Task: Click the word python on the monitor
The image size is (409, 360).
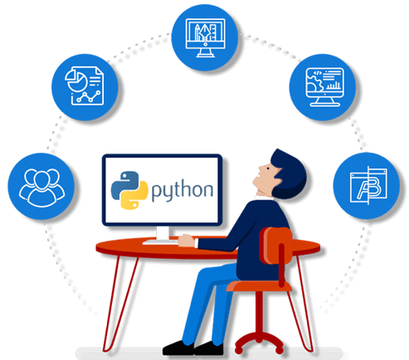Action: (183, 191)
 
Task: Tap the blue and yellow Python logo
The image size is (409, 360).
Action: (129, 190)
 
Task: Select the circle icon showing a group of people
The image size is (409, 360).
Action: (41, 187)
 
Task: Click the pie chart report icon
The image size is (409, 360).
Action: (85, 87)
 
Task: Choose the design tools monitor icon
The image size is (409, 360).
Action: (205, 37)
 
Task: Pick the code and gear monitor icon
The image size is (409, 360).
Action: (323, 87)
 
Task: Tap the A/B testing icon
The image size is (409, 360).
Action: (367, 186)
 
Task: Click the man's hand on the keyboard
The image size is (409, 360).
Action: (187, 241)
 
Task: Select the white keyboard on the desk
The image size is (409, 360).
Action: (160, 242)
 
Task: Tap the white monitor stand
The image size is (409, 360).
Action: (163, 233)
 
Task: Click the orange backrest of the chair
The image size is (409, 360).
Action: (276, 246)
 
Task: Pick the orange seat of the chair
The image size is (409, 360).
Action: (259, 286)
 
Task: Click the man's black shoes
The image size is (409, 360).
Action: (193, 348)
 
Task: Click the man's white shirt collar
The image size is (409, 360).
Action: (263, 197)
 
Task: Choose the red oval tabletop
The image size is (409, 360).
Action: (208, 248)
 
